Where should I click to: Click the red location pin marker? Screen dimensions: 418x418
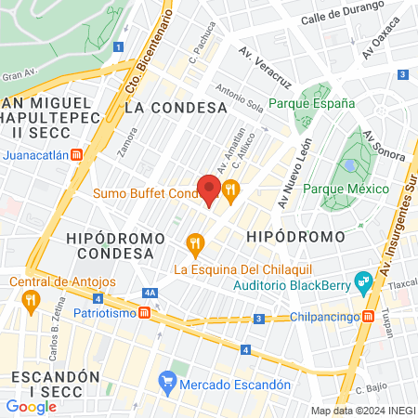coord(210,189)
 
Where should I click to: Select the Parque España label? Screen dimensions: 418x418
coord(312,104)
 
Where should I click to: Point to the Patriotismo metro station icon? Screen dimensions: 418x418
coord(145,313)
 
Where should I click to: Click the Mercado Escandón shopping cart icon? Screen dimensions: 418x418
coord(167,381)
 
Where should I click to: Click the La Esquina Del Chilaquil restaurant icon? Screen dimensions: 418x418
coord(194,244)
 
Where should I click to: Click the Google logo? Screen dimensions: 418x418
coord(31,406)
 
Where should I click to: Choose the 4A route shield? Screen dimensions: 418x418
coord(150,293)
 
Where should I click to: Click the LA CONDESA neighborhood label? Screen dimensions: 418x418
coord(176,107)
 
